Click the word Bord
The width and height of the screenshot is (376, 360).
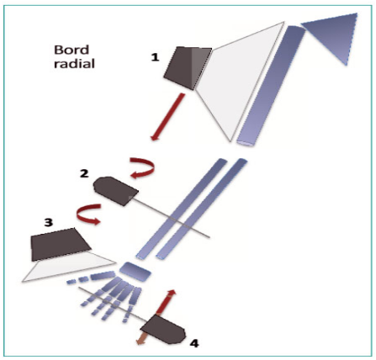coord(71,50)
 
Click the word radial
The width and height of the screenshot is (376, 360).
coord(74,64)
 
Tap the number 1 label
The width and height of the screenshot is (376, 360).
coord(155,57)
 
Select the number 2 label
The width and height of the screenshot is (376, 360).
coord(84,173)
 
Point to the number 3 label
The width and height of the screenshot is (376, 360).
coord(49,222)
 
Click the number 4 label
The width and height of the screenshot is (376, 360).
coord(194,343)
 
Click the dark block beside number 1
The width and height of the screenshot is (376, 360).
coord(188,68)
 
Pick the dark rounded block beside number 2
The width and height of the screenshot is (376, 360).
coord(115,191)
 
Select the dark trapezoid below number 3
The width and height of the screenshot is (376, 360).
coord(61,245)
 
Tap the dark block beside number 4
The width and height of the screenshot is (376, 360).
coord(163,330)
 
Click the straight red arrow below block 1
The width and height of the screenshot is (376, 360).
coord(167,117)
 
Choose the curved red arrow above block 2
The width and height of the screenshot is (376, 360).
coord(142,167)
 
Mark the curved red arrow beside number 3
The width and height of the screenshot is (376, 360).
coord(87,214)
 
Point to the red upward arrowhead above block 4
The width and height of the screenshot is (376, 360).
coord(171,293)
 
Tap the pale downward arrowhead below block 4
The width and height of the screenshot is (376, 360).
coord(139,341)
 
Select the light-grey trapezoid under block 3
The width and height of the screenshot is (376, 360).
coord(69,266)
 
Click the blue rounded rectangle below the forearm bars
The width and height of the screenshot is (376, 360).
coord(135,272)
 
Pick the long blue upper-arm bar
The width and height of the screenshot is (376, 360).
coord(271,86)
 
